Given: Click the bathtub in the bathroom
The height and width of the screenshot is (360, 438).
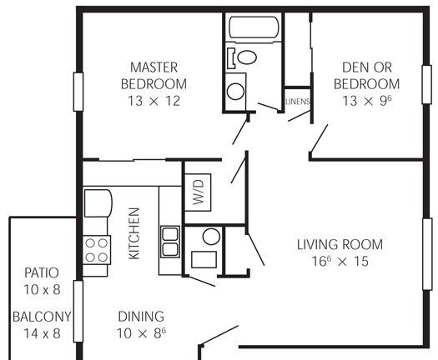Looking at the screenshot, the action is pyautogui.click(x=254, y=27).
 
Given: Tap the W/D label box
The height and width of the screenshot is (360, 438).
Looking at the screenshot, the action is pyautogui.click(x=198, y=192).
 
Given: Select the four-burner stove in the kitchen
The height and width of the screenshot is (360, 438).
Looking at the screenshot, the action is pyautogui.click(x=97, y=250).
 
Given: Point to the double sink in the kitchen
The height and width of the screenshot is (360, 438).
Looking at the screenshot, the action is pyautogui.click(x=170, y=242).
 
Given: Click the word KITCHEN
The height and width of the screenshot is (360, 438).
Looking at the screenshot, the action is pyautogui.click(x=134, y=233).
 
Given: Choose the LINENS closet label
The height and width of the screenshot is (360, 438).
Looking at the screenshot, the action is pyautogui.click(x=298, y=102).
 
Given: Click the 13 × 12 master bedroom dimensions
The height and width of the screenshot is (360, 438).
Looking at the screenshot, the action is pyautogui.click(x=154, y=101).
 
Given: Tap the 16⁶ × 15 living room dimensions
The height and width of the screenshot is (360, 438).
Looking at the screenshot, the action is pyautogui.click(x=340, y=261).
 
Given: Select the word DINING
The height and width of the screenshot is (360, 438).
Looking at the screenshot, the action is pyautogui.click(x=141, y=317).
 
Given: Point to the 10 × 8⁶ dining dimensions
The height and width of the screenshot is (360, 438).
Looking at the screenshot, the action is pyautogui.click(x=141, y=333).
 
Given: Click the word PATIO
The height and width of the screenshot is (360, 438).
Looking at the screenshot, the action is pyautogui.click(x=42, y=273).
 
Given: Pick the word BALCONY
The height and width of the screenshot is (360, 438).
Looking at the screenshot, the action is pyautogui.click(x=42, y=317).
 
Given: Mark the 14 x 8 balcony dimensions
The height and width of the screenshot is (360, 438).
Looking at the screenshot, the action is pyautogui.click(x=42, y=333).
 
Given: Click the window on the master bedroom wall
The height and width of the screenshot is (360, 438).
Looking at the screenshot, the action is pyautogui.click(x=78, y=92).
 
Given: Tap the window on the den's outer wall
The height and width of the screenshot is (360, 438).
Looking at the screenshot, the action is pyautogui.click(x=426, y=84).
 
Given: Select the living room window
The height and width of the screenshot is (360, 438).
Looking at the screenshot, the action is pyautogui.click(x=427, y=254).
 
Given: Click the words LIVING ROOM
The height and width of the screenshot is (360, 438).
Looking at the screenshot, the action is pyautogui.click(x=340, y=245).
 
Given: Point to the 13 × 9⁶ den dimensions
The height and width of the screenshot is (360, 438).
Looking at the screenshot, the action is pyautogui.click(x=367, y=101).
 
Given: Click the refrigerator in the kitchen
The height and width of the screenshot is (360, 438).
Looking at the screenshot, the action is pyautogui.click(x=98, y=203).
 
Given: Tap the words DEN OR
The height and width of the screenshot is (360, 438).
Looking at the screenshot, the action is pyautogui.click(x=367, y=67).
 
